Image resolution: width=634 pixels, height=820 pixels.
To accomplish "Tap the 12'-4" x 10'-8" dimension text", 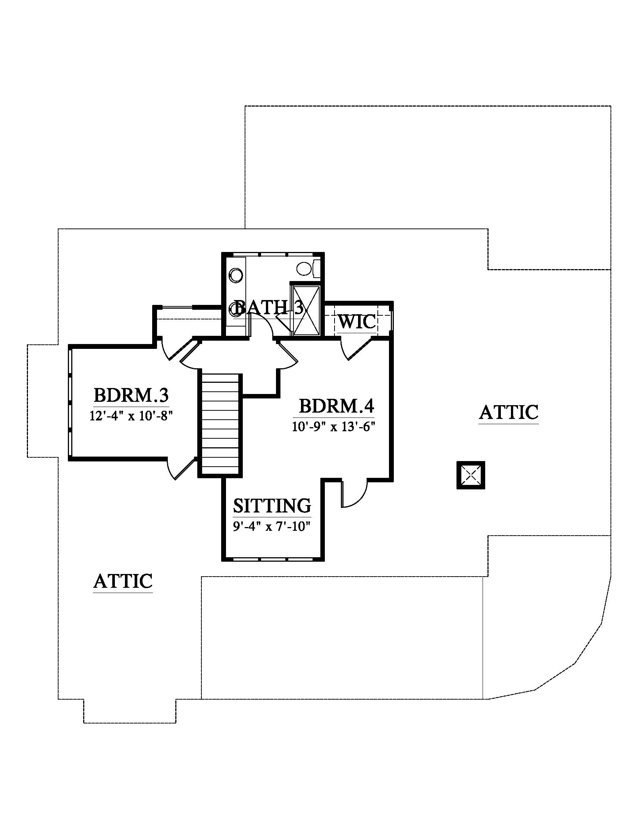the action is click(x=131, y=416).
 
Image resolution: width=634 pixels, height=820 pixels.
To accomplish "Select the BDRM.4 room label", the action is click(x=336, y=406).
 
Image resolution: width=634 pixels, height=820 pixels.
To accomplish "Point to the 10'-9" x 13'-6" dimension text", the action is click(x=334, y=427).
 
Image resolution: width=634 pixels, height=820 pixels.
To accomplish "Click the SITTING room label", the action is click(x=272, y=506).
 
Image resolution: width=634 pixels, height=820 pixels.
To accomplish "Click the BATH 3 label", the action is click(x=269, y=307).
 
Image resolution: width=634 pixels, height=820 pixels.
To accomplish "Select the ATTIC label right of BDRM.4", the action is click(x=509, y=412).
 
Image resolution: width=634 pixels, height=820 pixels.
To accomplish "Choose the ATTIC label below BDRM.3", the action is click(x=123, y=581).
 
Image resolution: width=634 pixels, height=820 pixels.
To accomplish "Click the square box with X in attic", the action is click(x=471, y=475).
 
